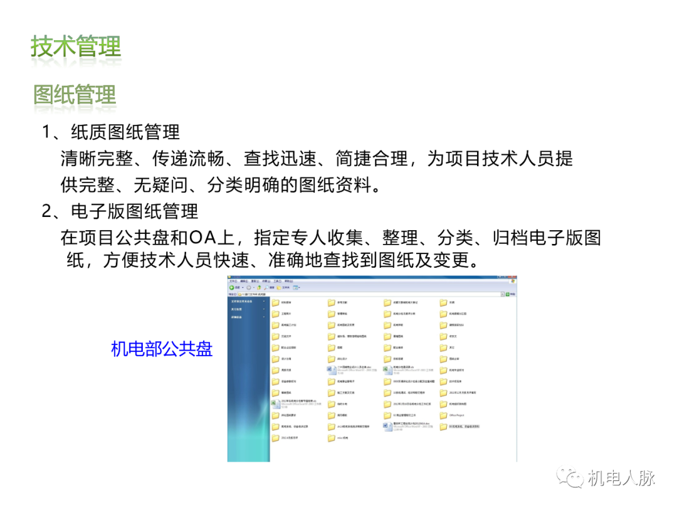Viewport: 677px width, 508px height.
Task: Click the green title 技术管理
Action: click(x=76, y=47)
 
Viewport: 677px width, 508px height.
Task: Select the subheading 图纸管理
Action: click(x=75, y=95)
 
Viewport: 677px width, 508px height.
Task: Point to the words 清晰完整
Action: click(x=97, y=159)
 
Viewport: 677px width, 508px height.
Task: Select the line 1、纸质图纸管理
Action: click(x=111, y=132)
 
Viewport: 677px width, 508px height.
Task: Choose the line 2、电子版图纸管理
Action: click(x=120, y=211)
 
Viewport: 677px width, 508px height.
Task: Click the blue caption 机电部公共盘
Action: click(x=162, y=349)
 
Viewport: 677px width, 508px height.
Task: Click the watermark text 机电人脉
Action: click(x=621, y=478)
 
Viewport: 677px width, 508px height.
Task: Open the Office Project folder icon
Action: click(x=443, y=415)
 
